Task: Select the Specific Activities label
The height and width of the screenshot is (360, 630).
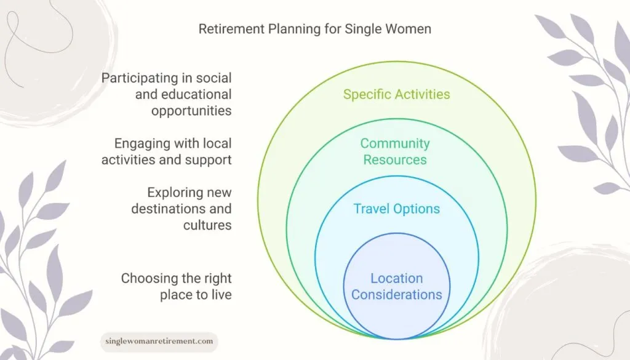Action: pyautogui.click(x=396, y=94)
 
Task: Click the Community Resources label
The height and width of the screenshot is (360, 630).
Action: pyautogui.click(x=395, y=151)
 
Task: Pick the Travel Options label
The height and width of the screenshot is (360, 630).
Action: pyautogui.click(x=396, y=209)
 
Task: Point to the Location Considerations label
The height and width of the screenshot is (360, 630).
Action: pyautogui.click(x=396, y=287)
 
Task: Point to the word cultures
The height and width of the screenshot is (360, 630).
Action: pyautogui.click(x=207, y=225)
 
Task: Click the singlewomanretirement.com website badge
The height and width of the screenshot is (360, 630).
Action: pyautogui.click(x=159, y=341)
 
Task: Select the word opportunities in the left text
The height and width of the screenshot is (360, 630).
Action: pyautogui.click(x=191, y=111)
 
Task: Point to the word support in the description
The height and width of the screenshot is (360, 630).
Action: pyautogui.click(x=209, y=160)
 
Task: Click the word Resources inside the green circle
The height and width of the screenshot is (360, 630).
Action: pyautogui.click(x=395, y=160)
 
